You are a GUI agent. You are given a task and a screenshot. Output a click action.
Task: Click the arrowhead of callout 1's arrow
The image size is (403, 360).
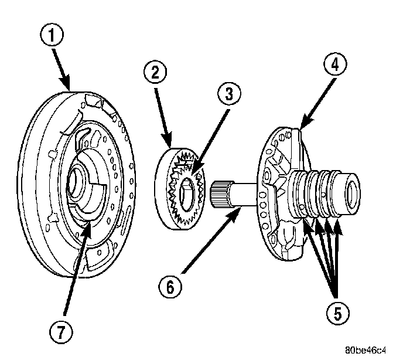pos(69,87)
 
